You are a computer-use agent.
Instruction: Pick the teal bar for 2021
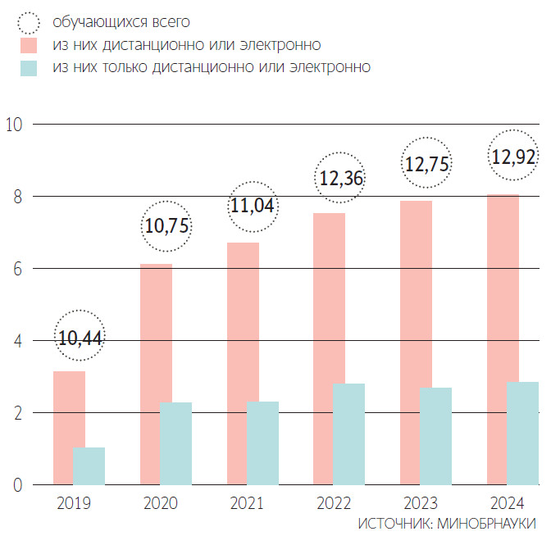(x=262, y=443)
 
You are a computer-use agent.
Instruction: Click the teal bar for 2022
(x=349, y=434)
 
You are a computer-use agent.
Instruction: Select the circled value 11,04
(x=253, y=206)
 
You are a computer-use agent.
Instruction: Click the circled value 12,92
(x=513, y=153)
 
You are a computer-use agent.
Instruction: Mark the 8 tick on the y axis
(x=16, y=197)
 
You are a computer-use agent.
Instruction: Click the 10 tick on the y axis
(x=13, y=125)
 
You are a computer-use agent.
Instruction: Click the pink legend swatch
(x=30, y=43)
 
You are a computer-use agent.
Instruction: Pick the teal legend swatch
(x=30, y=67)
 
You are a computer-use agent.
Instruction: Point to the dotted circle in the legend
(x=30, y=20)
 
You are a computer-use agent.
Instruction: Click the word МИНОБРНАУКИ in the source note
(x=488, y=523)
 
